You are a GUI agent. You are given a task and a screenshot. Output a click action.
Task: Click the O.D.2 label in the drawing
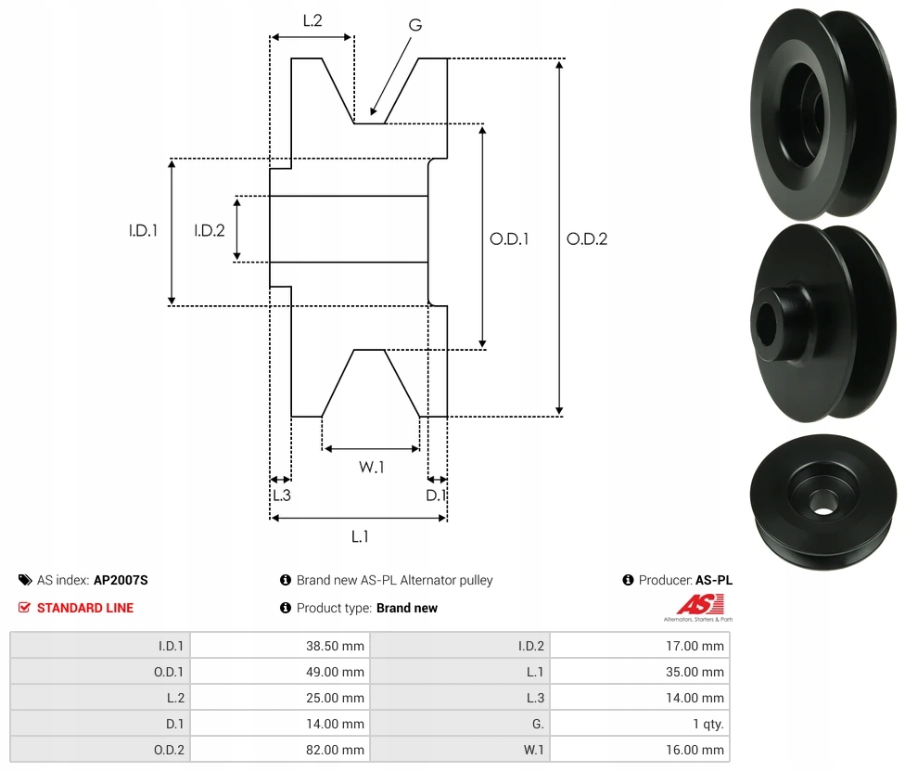(x=587, y=238)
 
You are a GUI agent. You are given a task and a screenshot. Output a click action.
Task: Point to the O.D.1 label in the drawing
(x=509, y=238)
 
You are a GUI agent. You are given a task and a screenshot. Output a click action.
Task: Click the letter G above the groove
(x=414, y=25)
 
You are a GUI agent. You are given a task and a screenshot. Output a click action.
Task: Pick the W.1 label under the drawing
(x=371, y=468)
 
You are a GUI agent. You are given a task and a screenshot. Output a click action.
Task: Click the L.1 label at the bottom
(x=360, y=536)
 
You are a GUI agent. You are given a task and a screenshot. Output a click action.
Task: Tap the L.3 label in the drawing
(x=281, y=495)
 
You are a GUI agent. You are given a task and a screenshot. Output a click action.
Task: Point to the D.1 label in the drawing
(x=436, y=495)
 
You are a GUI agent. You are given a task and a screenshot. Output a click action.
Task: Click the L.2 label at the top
(x=312, y=20)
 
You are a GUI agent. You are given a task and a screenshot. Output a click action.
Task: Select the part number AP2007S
(x=121, y=580)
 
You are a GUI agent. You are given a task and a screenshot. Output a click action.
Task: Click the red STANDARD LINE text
(x=85, y=608)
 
